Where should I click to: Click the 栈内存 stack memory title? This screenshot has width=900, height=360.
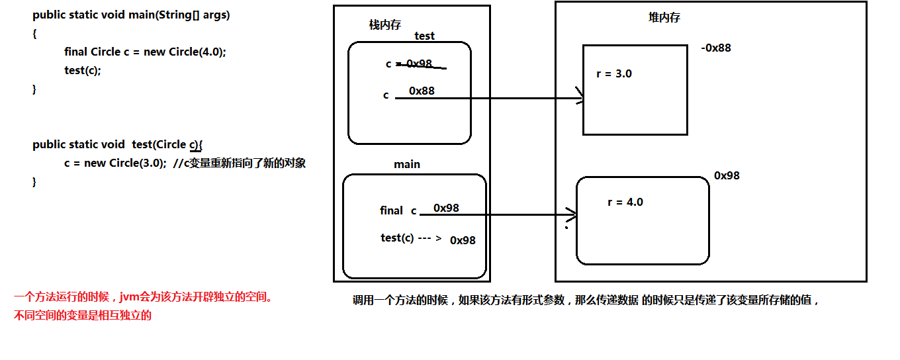tap(385, 25)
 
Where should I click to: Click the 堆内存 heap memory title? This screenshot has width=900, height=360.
tap(664, 17)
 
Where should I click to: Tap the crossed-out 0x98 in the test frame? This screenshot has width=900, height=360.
tap(419, 64)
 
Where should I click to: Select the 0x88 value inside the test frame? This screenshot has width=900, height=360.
tap(422, 91)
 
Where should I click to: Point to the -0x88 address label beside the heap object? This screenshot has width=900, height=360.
tap(716, 48)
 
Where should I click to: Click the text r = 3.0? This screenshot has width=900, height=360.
tap(614, 74)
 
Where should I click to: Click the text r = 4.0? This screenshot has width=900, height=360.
tap(625, 202)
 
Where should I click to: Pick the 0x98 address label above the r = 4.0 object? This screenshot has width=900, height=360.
tap(727, 175)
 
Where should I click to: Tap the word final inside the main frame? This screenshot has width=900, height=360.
tap(391, 210)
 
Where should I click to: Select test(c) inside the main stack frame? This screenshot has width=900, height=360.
tap(397, 238)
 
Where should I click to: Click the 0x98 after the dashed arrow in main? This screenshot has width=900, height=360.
tap(463, 240)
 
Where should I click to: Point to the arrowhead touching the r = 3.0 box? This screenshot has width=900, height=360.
tap(580, 95)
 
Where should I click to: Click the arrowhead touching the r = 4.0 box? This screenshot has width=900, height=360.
tap(572, 214)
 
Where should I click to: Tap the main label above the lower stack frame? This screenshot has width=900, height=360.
tap(406, 164)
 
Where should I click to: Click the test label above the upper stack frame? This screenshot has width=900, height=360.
tap(424, 36)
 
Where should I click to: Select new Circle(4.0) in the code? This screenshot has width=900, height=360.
tap(183, 52)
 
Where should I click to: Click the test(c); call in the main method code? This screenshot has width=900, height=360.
tap(82, 70)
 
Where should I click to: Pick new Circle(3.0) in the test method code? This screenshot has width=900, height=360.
tap(124, 163)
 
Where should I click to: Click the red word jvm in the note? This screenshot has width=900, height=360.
tap(130, 297)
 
